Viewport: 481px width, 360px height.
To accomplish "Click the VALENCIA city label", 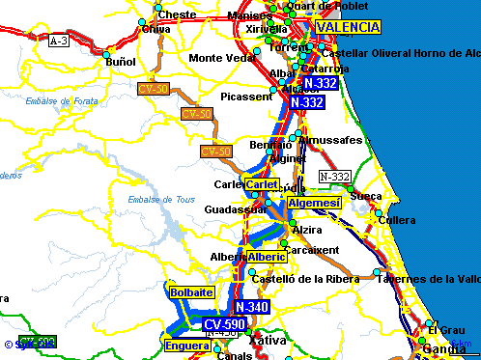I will (348, 27).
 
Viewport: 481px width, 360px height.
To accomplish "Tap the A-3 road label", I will (59, 41).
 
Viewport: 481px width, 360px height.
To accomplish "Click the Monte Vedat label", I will (221, 58).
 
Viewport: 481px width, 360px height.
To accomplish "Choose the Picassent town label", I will (246, 97).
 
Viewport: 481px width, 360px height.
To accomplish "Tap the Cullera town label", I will (397, 220).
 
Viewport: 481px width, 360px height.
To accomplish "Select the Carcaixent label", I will (313, 249).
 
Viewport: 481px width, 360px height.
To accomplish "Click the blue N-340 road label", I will (251, 307).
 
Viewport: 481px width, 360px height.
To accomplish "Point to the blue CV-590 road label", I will (224, 323).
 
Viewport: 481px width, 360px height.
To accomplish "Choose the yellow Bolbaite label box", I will (190, 291).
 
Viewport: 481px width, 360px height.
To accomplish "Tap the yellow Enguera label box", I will (186, 345).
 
